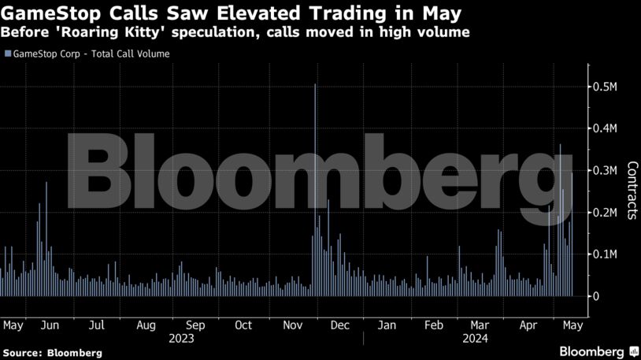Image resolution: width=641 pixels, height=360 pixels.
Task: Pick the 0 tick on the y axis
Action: point(596,296)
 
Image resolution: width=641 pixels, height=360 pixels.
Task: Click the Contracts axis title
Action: point(632,191)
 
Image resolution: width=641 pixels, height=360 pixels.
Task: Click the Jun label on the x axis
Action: point(49,325)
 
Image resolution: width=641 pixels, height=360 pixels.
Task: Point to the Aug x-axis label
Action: point(146,325)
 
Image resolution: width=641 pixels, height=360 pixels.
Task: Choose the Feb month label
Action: point(434,325)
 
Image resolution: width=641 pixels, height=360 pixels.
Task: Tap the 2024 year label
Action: point(475,339)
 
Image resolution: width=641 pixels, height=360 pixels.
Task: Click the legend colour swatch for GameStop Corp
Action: point(7,54)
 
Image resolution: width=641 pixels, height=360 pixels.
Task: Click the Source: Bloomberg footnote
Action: point(52,353)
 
